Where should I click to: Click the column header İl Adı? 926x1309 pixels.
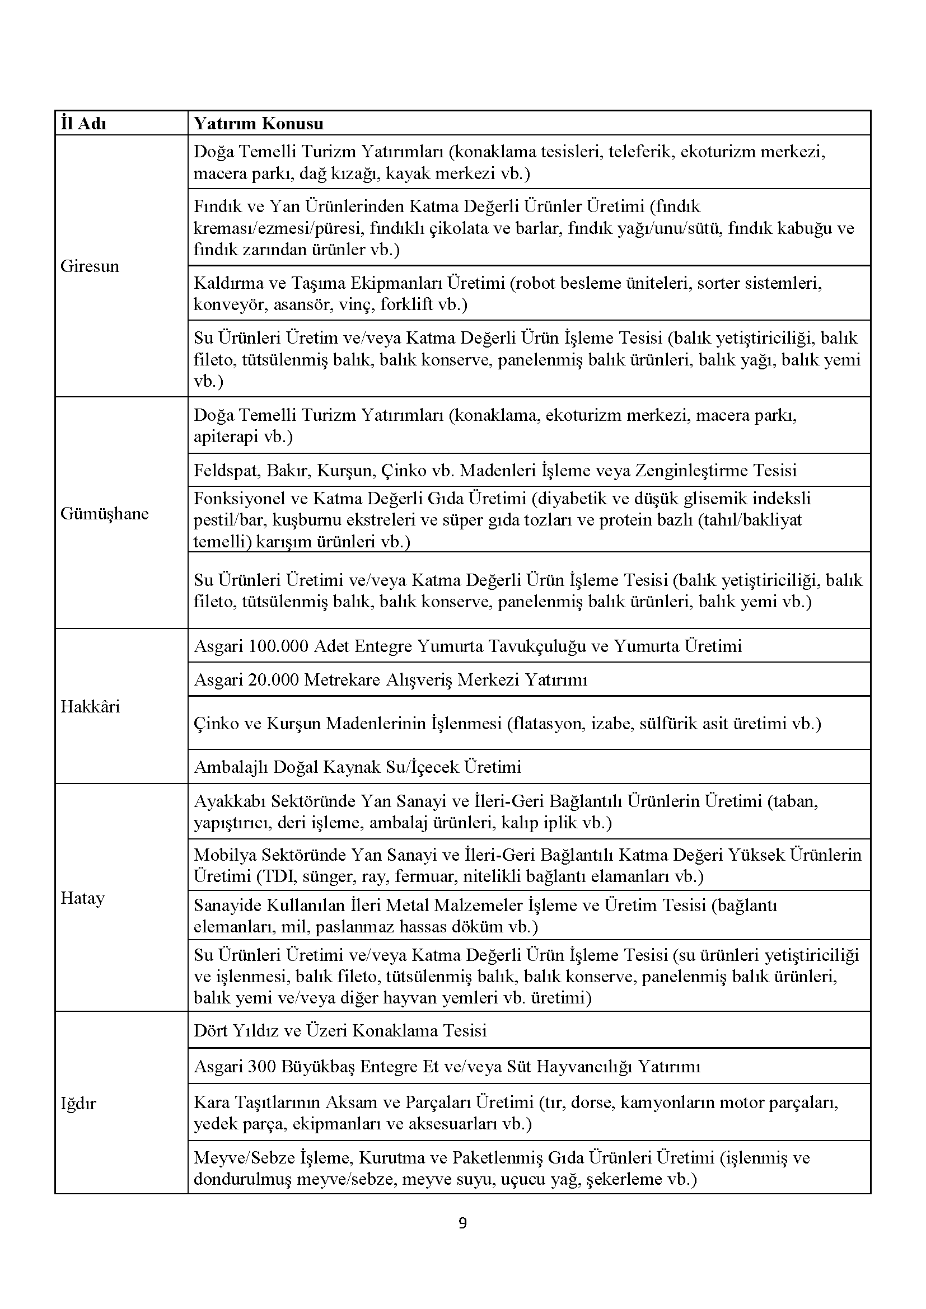(83, 124)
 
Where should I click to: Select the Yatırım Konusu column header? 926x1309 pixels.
(258, 124)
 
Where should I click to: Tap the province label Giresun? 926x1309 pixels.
(90, 266)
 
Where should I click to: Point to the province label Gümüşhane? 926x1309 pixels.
(104, 514)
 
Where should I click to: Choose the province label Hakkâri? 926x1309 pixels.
(90, 707)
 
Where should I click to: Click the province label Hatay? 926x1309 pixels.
(83, 899)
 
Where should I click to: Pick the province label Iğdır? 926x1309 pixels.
(78, 1104)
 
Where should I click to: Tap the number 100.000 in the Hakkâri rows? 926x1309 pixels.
(279, 646)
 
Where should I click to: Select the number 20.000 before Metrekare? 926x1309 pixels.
(274, 680)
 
